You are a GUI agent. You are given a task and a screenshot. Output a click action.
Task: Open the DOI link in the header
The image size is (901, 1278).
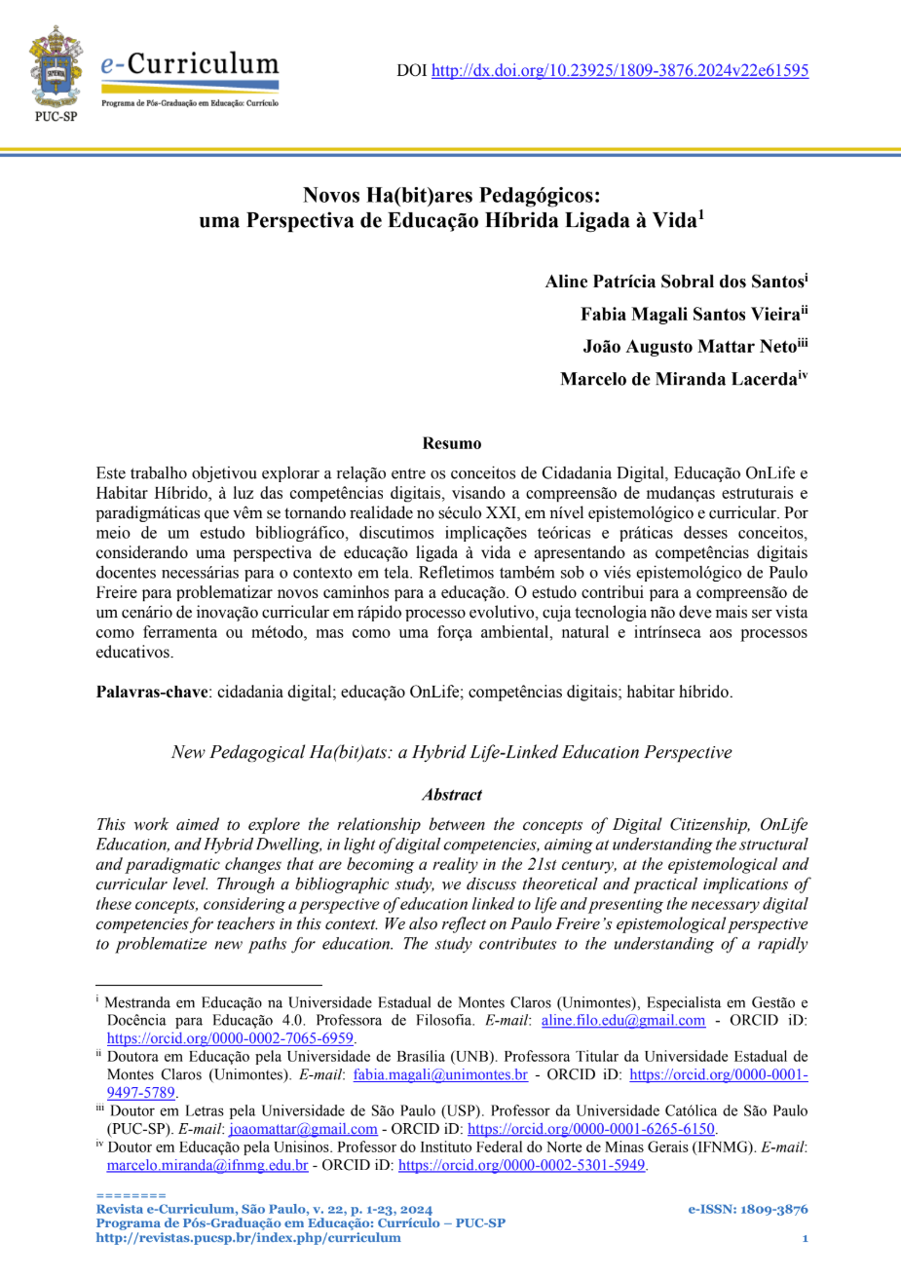[x=619, y=70]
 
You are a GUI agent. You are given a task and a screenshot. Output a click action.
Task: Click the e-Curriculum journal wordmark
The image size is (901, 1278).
[x=189, y=66]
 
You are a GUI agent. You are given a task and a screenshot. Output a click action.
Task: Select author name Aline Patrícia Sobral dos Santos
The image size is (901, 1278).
[x=674, y=282]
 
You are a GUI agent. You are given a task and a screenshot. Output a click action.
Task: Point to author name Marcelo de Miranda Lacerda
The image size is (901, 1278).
[x=679, y=380]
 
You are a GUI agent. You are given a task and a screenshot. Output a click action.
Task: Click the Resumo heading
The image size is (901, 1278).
[x=451, y=444]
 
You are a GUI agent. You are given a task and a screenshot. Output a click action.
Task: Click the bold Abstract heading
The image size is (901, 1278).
[x=451, y=795]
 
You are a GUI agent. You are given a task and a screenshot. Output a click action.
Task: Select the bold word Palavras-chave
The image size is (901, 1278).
[x=152, y=693]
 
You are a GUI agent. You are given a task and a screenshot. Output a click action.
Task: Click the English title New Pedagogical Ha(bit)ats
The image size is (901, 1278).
[x=451, y=752]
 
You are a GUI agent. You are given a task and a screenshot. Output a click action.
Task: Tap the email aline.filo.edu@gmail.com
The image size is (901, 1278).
[x=622, y=1021]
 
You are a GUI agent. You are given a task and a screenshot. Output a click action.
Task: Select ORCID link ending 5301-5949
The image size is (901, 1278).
[x=522, y=1165]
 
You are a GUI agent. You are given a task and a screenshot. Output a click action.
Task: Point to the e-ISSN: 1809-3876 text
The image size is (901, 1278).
[x=747, y=1210]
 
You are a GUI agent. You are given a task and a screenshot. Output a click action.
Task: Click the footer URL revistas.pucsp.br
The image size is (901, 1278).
[x=247, y=1238]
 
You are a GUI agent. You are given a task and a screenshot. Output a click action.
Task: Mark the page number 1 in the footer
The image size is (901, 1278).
[x=805, y=1238]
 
